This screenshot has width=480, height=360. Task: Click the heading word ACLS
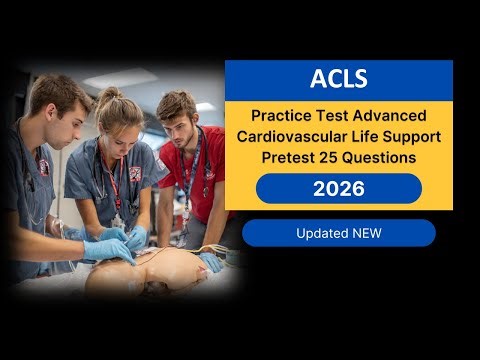tap(338, 79)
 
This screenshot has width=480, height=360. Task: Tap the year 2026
tap(338, 188)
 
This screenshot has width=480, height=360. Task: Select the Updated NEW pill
tap(338, 233)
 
